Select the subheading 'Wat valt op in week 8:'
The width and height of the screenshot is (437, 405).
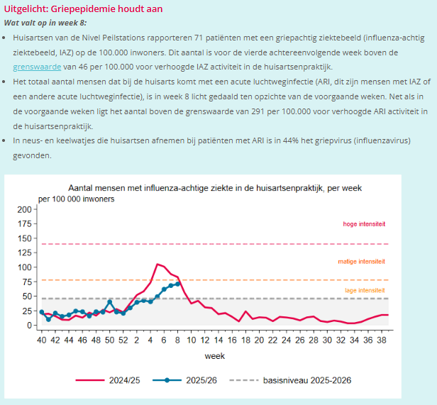point(46,23)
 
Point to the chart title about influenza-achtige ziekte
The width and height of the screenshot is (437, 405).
point(215,188)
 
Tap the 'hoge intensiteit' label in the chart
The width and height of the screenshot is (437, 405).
point(363,224)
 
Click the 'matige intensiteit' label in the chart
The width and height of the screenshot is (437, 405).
point(362,262)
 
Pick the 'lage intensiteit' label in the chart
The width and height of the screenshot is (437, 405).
point(365,291)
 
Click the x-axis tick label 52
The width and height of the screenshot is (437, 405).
point(123,340)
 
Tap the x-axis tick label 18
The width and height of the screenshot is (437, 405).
point(246,340)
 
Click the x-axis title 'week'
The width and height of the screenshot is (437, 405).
point(215,356)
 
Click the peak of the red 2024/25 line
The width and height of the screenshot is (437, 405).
point(157,264)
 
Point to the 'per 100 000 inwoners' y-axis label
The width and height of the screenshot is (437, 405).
point(76,199)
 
